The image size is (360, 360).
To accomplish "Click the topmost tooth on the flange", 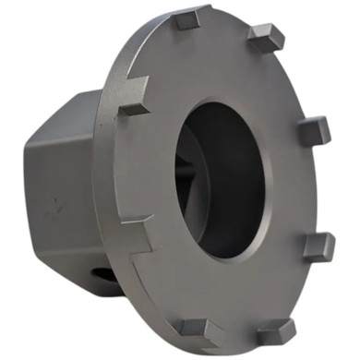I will click(x=190, y=18).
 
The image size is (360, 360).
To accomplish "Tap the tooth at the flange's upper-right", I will click(x=266, y=38).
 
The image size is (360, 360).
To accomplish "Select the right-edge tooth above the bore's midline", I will click(x=314, y=132).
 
